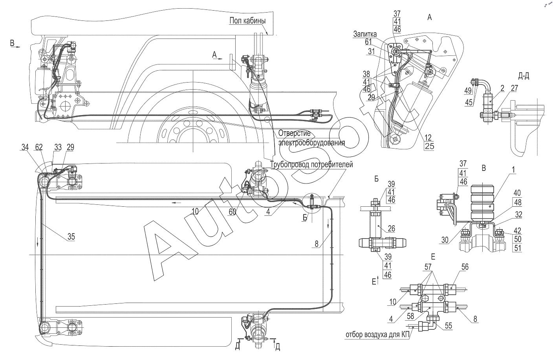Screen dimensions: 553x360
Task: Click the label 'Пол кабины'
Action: tap(247, 20)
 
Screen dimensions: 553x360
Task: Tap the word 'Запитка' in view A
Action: tap(365, 34)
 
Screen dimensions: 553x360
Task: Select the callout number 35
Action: tap(71, 237)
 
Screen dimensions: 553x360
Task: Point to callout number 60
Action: tap(232, 211)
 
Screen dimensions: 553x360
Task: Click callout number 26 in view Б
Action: tap(392, 228)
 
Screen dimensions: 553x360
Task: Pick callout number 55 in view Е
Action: tap(448, 325)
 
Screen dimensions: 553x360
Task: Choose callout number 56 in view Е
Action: tap(465, 267)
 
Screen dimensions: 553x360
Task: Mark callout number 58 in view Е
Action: tap(410, 316)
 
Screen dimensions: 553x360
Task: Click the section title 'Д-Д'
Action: tap(524, 76)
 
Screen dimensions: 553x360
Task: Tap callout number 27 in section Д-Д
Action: tap(514, 88)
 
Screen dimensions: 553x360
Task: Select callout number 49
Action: tap(468, 91)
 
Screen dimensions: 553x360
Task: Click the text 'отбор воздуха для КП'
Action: tap(377, 335)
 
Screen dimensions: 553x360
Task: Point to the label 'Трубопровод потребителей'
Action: tap(311, 165)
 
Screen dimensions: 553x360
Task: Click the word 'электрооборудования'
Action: tap(311, 143)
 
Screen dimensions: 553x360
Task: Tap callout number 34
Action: tap(25, 147)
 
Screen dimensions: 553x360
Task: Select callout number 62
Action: tap(39, 147)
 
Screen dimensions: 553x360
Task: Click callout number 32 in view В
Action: tap(519, 215)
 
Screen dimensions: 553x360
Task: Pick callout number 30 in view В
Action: tap(445, 240)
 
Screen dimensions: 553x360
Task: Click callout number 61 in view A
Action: tap(368, 42)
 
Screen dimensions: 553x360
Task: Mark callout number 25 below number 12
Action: tap(429, 146)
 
